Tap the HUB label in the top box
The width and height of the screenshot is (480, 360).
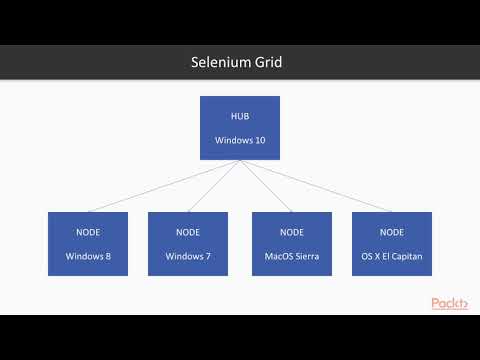(x=240, y=117)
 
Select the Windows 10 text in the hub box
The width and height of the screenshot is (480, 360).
(x=240, y=140)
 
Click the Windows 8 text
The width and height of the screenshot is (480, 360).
(x=88, y=255)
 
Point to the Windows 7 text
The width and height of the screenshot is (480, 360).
(x=188, y=255)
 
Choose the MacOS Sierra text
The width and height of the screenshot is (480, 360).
(x=291, y=255)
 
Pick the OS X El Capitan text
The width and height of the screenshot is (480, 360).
(x=392, y=255)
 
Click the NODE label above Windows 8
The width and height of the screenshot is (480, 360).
(x=88, y=232)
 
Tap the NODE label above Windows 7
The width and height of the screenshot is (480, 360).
(x=188, y=232)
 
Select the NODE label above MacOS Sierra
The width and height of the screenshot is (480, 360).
(x=291, y=232)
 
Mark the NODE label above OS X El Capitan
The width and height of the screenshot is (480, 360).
(x=392, y=232)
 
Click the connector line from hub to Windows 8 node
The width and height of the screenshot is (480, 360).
(x=160, y=187)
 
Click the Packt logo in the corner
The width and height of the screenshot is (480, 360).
(x=450, y=303)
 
